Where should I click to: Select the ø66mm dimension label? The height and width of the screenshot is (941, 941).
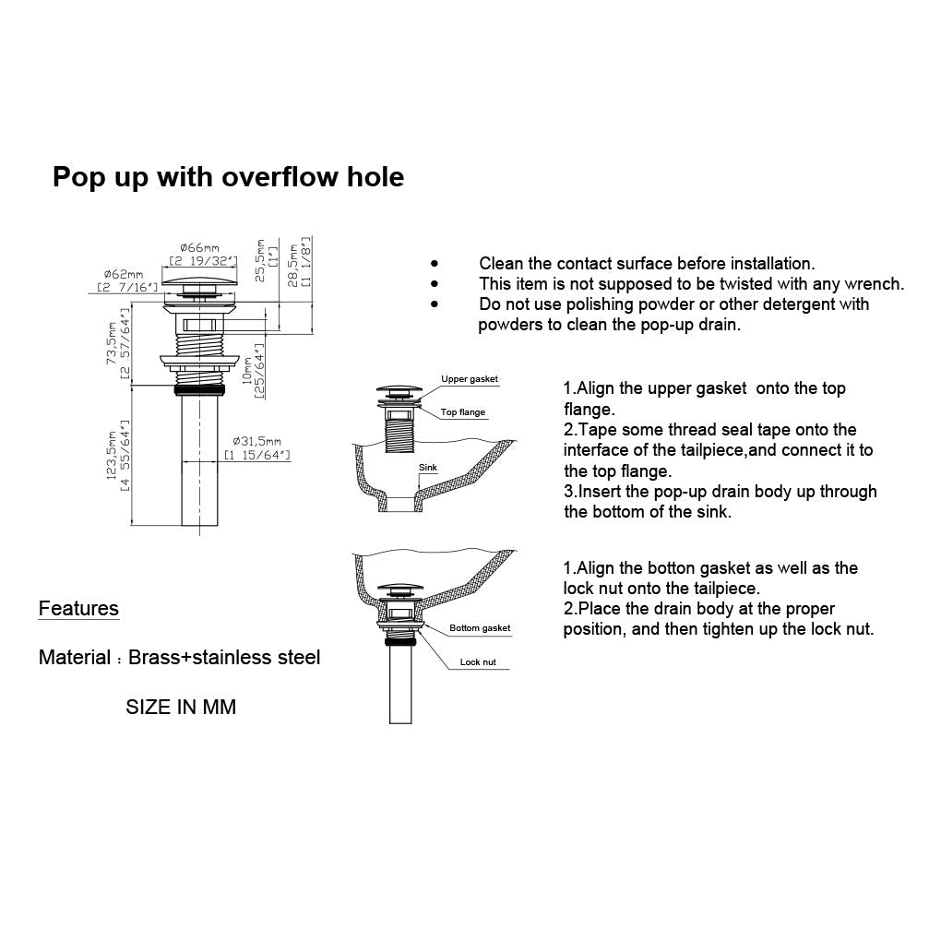(199, 247)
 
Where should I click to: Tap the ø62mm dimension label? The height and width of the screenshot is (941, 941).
(123, 274)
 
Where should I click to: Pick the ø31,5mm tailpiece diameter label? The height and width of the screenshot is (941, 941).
(257, 440)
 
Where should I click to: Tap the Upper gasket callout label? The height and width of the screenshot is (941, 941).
(469, 379)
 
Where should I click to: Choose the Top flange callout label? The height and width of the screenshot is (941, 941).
(462, 412)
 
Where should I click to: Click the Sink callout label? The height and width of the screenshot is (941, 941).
(428, 468)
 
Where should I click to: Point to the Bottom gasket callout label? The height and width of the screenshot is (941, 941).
(480, 628)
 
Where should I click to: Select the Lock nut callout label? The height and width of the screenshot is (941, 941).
(478, 662)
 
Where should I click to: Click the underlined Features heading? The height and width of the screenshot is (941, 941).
(78, 609)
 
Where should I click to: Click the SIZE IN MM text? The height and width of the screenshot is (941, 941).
(181, 708)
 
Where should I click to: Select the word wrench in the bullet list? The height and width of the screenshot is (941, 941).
(875, 284)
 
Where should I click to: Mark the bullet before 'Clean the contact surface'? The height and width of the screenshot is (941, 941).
(434, 264)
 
